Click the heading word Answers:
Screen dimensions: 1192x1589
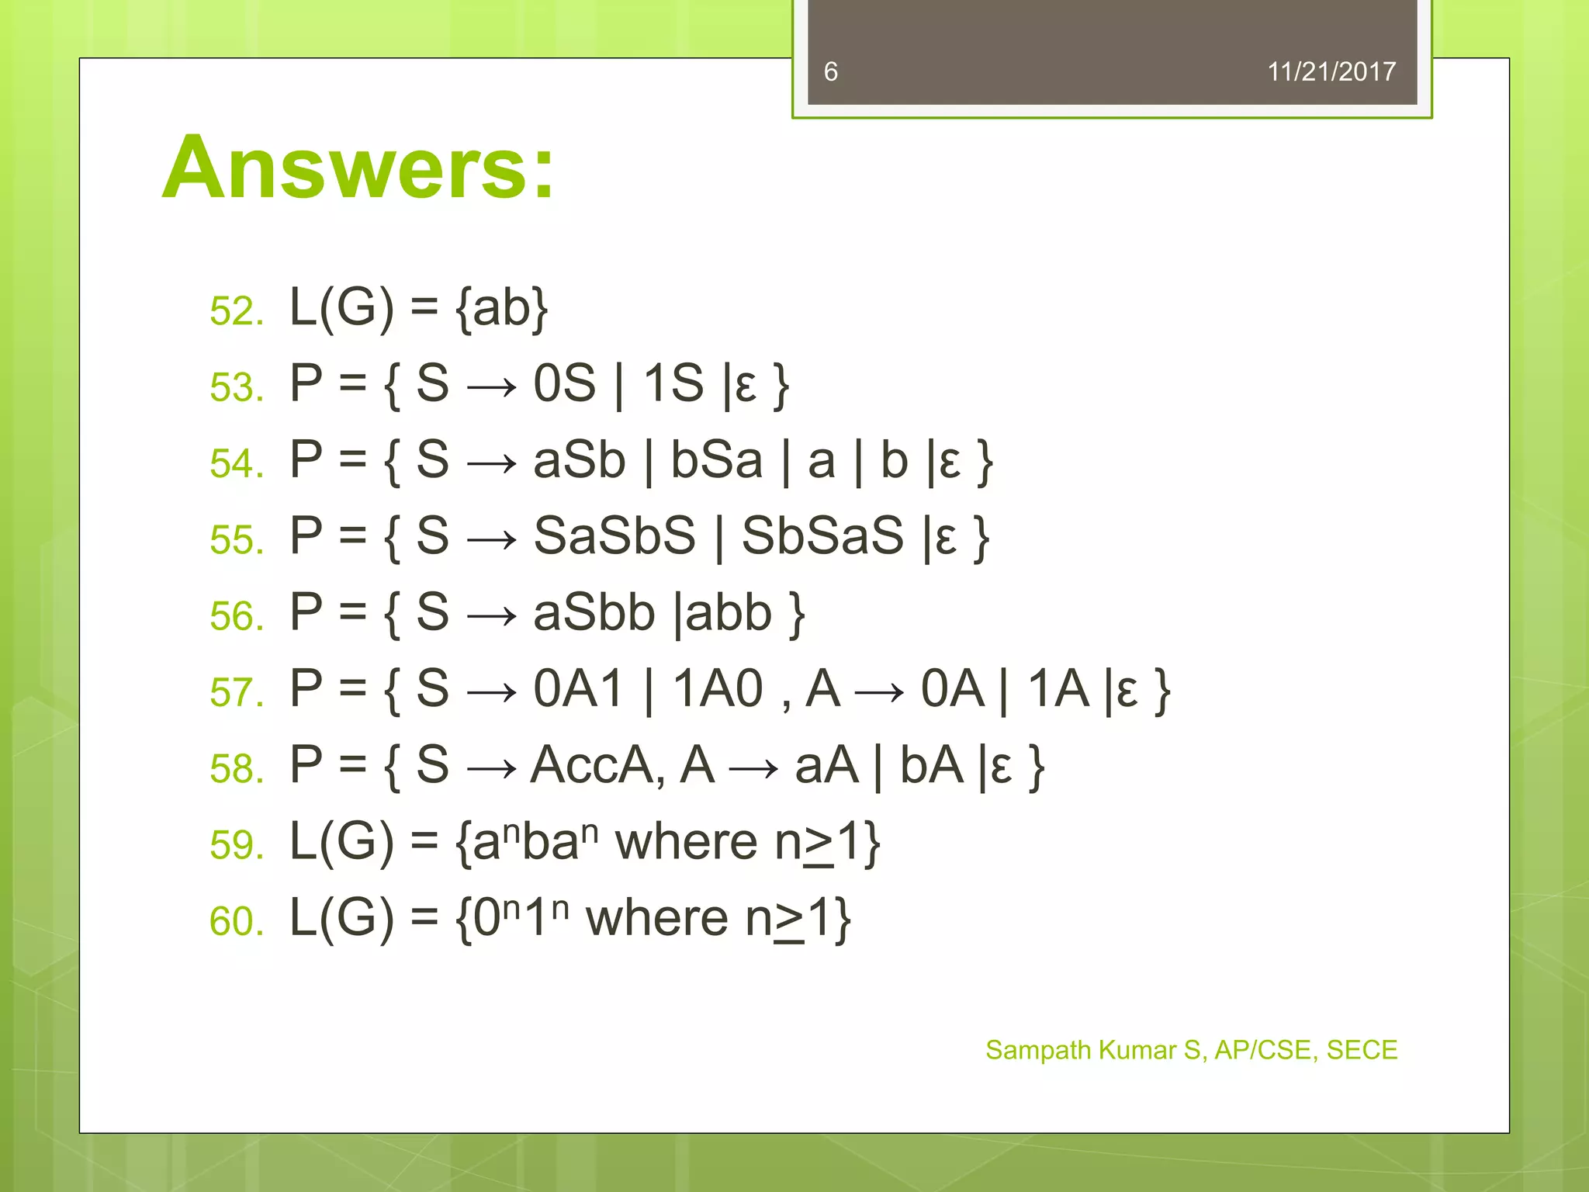(x=358, y=168)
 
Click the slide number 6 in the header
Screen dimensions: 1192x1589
(x=831, y=72)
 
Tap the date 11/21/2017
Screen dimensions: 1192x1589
(x=1331, y=72)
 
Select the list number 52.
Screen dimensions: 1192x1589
(x=236, y=311)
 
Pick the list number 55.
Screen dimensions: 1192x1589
(x=236, y=539)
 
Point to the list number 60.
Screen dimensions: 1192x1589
(x=236, y=921)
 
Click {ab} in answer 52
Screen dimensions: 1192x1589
(x=502, y=308)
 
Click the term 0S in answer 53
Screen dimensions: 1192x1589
(x=564, y=383)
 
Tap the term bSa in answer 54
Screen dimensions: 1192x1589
(x=716, y=459)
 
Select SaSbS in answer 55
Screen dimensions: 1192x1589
(x=614, y=535)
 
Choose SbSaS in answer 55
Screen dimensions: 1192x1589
(x=822, y=535)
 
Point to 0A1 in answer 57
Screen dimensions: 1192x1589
(x=579, y=688)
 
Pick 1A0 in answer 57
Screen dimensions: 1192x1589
(x=718, y=688)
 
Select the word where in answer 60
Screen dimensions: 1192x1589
(x=657, y=918)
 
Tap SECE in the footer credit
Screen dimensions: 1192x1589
(x=1362, y=1050)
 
